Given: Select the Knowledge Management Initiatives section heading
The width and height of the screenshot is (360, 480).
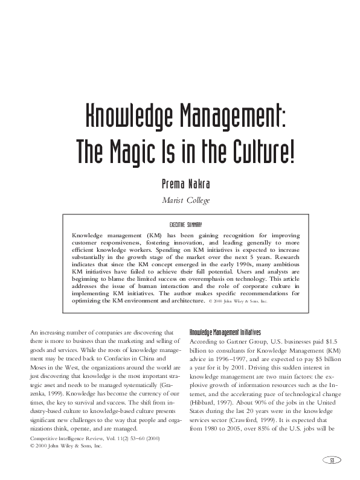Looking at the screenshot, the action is tap(225, 332).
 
